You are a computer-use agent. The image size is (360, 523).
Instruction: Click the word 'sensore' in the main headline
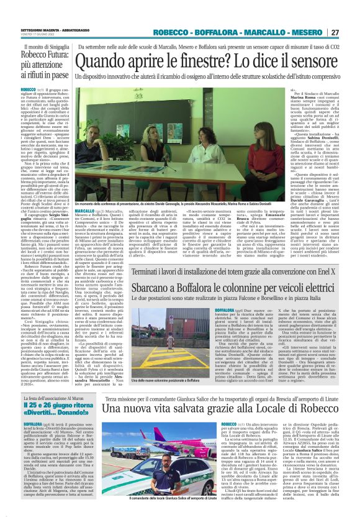click(309, 61)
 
